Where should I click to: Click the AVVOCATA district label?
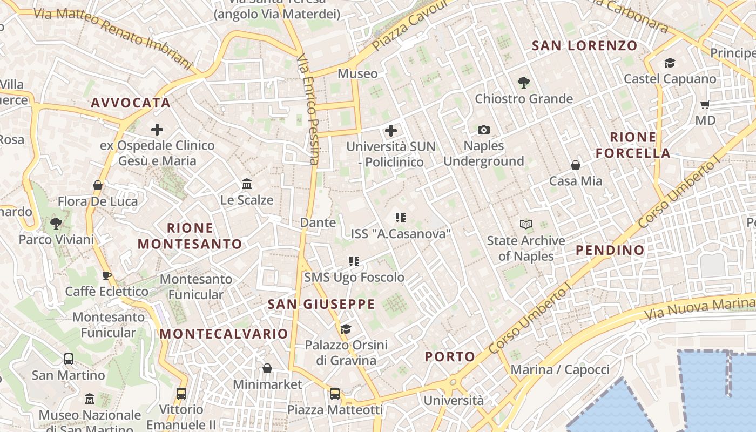[x=131, y=103]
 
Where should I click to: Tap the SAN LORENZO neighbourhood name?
[x=585, y=45]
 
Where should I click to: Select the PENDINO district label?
[x=610, y=250]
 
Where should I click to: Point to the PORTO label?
[x=450, y=356]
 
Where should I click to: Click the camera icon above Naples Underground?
[x=484, y=130]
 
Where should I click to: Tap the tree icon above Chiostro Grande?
[x=523, y=83]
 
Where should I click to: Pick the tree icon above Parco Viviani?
[x=56, y=223]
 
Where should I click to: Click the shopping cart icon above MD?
[x=705, y=104]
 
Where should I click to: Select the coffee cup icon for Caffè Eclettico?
[x=107, y=275]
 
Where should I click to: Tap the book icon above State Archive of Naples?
[x=525, y=224]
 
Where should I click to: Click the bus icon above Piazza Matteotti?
[x=335, y=394]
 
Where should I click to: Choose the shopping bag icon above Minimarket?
[x=267, y=368]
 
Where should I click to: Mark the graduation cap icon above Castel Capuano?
[x=670, y=63]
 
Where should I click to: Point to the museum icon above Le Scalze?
[x=247, y=184]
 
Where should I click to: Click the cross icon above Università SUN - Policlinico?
[x=390, y=131]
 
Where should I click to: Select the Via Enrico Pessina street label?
[x=308, y=108]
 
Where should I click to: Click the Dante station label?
[x=318, y=222]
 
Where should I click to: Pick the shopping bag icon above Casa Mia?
[x=576, y=165]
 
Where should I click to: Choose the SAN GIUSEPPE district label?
[x=321, y=304]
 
